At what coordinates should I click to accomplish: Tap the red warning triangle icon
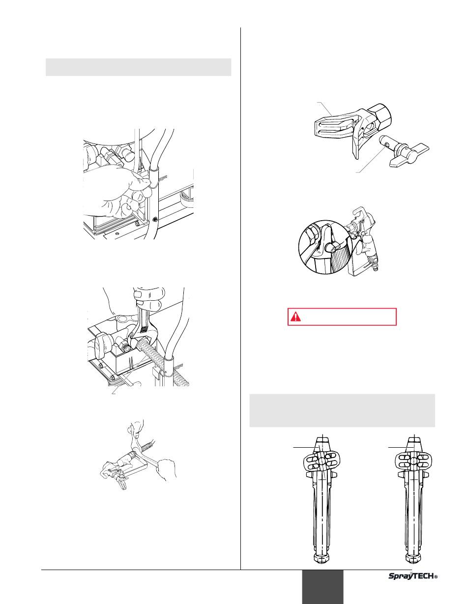295,316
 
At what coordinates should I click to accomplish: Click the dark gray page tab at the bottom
323,587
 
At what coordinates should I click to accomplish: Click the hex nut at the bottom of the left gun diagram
322,558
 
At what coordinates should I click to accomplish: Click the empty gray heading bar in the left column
139,67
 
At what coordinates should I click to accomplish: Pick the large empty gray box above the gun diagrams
342,410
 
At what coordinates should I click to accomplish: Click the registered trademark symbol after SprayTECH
436,577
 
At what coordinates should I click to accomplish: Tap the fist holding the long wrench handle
166,469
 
